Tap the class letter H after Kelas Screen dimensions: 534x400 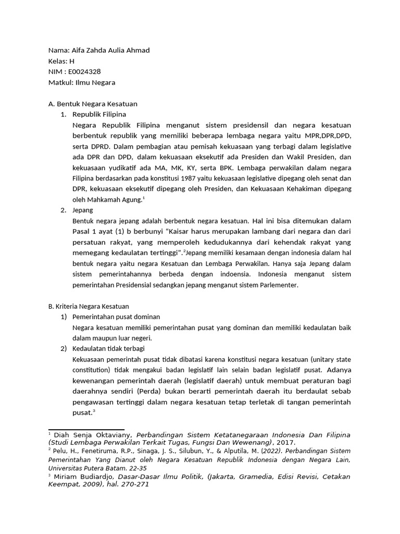pyautogui.click(x=72, y=61)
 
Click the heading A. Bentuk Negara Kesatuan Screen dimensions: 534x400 pyautogui.click(x=93, y=104)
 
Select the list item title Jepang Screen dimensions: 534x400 pyautogui.click(x=83, y=210)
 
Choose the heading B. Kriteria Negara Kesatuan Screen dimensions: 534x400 pyautogui.click(x=89, y=306)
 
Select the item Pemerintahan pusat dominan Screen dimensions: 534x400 pyautogui.click(x=116, y=317)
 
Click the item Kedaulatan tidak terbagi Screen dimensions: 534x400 pyautogui.click(x=109, y=348)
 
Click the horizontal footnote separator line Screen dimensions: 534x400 pyautogui.click(x=86, y=429)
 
